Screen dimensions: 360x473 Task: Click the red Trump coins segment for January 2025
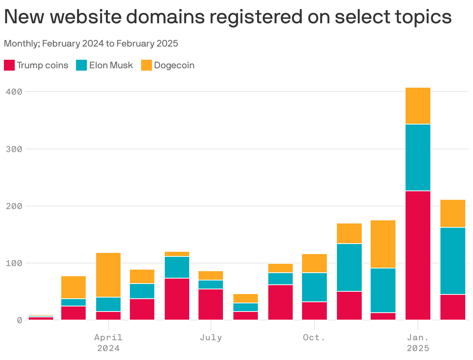pos(418,255)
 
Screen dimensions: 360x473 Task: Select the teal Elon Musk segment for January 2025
pos(418,157)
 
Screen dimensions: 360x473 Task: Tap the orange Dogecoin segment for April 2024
pos(108,275)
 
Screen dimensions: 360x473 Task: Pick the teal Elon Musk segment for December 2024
pos(383,290)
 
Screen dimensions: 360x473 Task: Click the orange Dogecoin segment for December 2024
pos(383,244)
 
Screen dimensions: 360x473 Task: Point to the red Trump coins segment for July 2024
pos(211,305)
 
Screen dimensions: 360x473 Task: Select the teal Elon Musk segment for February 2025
pos(452,261)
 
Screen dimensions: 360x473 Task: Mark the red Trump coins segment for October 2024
pos(314,311)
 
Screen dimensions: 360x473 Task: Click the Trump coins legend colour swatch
pos(9,65)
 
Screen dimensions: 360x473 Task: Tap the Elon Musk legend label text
pos(111,65)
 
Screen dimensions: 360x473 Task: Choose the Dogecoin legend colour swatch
pos(146,65)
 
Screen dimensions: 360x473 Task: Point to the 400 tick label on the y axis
pos(14,92)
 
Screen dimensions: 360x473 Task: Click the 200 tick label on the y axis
pos(14,206)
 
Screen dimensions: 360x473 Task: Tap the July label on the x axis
pos(211,337)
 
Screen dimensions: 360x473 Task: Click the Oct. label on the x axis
pos(314,337)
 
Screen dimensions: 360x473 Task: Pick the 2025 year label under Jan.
pos(418,348)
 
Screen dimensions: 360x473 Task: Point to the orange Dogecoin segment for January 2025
pos(418,106)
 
